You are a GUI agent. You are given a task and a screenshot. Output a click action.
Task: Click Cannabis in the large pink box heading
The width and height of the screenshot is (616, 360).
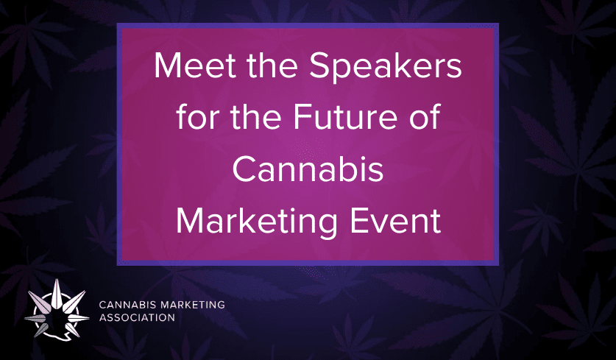coord(308,170)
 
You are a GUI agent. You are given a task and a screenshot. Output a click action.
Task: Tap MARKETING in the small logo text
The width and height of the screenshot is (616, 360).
coord(189,305)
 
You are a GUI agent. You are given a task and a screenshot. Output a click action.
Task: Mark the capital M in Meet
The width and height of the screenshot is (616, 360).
coord(169,69)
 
